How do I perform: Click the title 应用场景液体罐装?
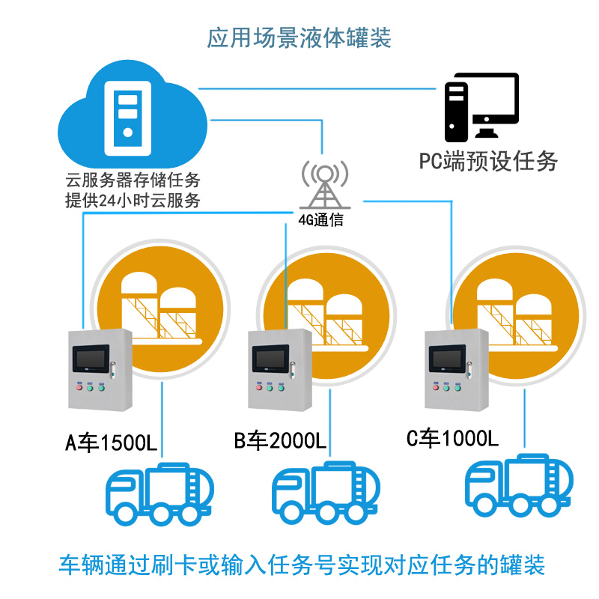tap(299, 37)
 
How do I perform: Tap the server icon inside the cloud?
tap(128, 116)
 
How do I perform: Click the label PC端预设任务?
tap(488, 160)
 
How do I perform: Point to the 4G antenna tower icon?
tap(324, 183)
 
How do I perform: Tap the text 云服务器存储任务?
tap(133, 181)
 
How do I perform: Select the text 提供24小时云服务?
tap(133, 201)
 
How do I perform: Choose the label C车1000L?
tap(452, 438)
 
